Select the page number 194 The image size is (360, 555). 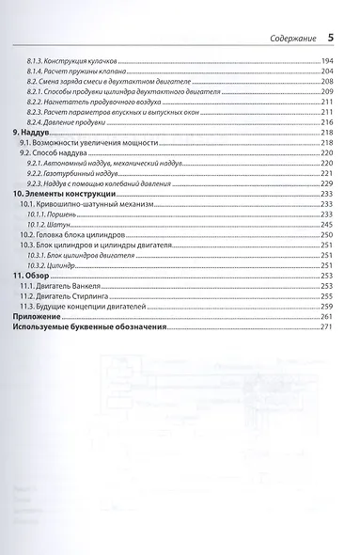327,61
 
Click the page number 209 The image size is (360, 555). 327,93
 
